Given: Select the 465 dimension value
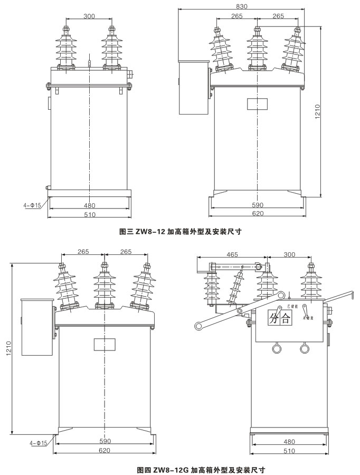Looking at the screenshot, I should coord(232,254).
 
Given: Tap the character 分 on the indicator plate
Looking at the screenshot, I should coord(273,319).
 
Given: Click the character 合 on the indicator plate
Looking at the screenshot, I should coord(285,319).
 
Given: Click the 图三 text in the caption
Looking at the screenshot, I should coord(126,231).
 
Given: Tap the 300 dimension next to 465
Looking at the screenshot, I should coord(289,254).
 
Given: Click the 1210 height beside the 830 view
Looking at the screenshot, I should coord(318,110).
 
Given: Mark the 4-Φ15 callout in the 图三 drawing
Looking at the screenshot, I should coord(31,205).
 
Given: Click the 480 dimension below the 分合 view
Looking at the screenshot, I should coord(289,442).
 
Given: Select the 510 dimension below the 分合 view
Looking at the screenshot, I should coord(289,451).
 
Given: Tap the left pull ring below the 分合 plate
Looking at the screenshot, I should coord(276,348).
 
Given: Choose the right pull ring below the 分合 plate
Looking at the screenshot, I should coord(304,348).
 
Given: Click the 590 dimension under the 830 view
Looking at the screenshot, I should coord(257,205).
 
